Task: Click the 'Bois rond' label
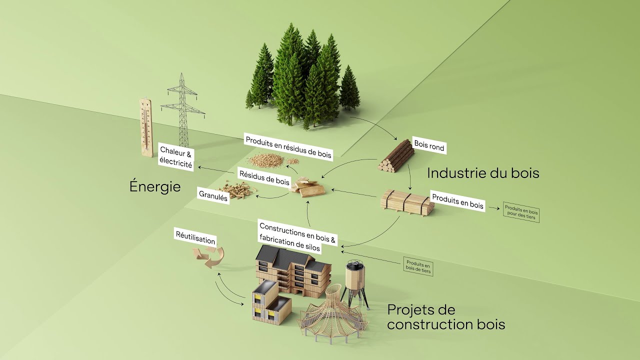(429, 145)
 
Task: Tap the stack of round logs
(396, 157)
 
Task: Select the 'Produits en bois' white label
(457, 201)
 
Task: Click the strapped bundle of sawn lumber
(405, 202)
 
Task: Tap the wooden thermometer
(146, 127)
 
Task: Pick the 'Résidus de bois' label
(263, 177)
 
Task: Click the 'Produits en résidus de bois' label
(288, 146)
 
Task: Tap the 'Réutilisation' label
(195, 237)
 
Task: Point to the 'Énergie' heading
(154, 186)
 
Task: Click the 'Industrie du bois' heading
(483, 173)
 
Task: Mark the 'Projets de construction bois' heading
(446, 317)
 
